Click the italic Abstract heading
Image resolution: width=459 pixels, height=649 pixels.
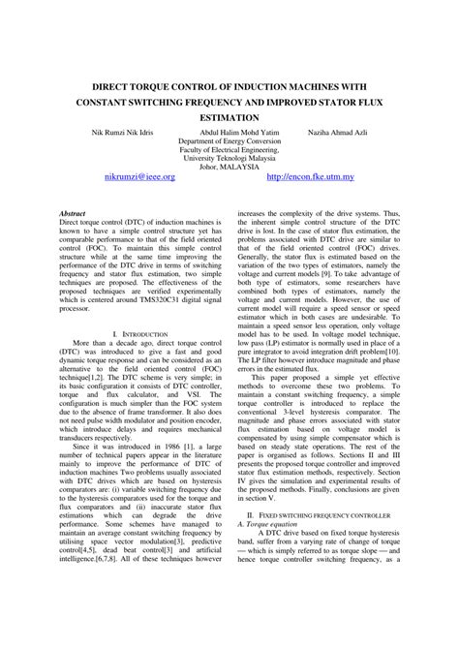73,211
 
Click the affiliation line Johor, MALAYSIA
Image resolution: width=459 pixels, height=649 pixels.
229,165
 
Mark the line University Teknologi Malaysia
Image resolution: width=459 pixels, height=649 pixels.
229,156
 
